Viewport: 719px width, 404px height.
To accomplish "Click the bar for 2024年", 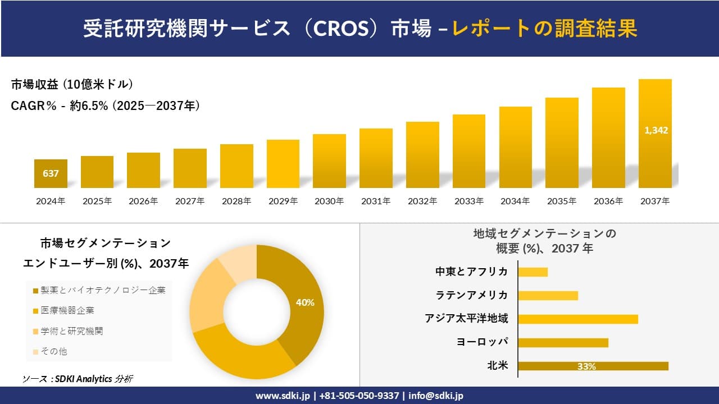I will tap(51, 174).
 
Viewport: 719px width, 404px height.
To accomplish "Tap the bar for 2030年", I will tap(329, 161).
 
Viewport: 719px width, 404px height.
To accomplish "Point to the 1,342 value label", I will tap(656, 130).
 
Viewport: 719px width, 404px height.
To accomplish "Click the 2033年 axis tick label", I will tap(468, 201).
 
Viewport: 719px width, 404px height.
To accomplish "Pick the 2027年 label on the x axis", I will tap(190, 201).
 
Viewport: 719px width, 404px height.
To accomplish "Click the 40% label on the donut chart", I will tap(305, 302).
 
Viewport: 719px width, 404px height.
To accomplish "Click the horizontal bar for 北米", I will tap(593, 366).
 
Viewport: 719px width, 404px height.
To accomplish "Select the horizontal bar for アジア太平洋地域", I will tap(577, 319).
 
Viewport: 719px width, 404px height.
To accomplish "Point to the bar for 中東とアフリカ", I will tap(533, 272).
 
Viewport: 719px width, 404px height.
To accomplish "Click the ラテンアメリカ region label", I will tap(472, 295).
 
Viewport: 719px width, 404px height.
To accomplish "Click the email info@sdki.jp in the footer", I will tap(436, 396).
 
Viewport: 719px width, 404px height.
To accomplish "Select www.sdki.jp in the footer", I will tap(282, 396).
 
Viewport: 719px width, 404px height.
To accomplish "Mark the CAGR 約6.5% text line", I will tap(106, 105).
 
